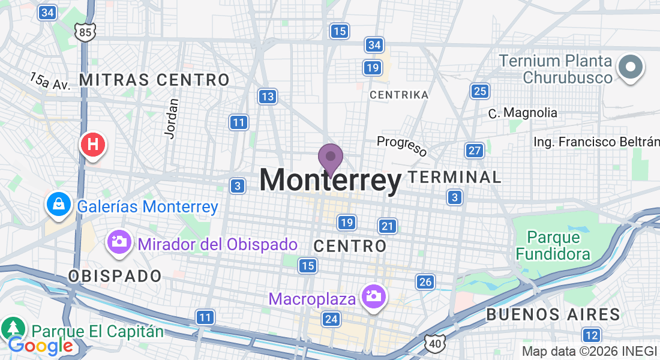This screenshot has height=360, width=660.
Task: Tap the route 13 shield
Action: coord(268,96)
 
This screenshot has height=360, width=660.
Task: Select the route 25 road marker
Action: coord(479,91)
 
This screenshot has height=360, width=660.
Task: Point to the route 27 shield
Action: coord(475,151)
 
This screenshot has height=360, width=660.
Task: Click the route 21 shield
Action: coord(388,226)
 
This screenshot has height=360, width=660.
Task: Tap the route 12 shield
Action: coord(591,335)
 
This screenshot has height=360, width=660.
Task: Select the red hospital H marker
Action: coord(93,145)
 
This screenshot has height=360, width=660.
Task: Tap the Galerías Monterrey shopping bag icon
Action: coord(59,205)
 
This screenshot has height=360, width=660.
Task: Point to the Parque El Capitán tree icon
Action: coord(13,328)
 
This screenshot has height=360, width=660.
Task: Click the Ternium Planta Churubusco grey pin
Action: coord(631,67)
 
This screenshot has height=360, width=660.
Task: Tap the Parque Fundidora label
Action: coord(553,245)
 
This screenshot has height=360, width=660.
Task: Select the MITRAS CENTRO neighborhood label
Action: coord(154,80)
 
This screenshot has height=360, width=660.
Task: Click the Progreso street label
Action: coord(401,146)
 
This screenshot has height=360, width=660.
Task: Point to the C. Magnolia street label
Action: coord(522,113)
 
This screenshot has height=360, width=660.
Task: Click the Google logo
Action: coord(40,346)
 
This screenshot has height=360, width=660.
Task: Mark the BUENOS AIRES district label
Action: coord(553,314)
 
